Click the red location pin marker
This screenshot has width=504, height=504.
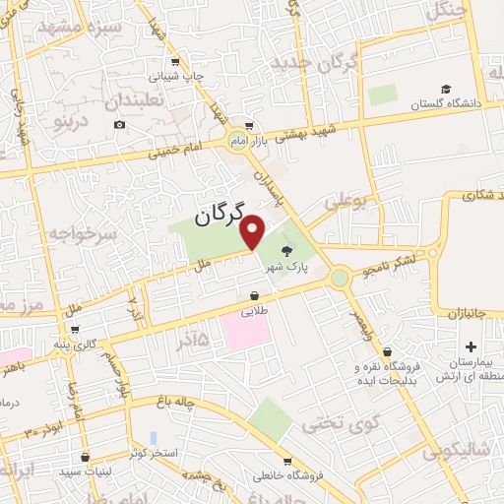(x=253, y=231)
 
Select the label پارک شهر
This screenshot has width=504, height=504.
(x=290, y=267)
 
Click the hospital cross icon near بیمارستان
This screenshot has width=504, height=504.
(x=471, y=346)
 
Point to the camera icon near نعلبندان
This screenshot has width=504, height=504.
(x=119, y=124)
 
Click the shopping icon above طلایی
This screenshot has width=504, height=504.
(x=255, y=295)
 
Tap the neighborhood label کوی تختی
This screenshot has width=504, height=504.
(x=334, y=423)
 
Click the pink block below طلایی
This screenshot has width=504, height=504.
(x=246, y=333)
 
